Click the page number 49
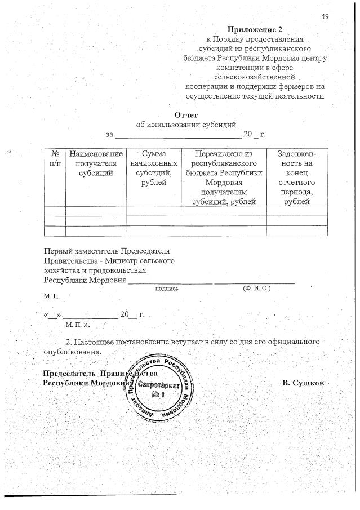325,16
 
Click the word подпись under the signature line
167,288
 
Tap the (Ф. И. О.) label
256,287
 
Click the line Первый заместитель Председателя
106,251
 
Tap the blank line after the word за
177,135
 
